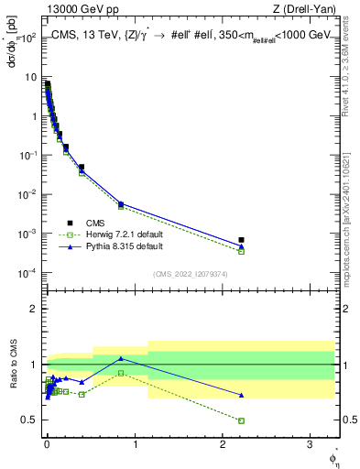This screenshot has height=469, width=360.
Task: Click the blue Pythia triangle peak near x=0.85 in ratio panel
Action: (121, 358)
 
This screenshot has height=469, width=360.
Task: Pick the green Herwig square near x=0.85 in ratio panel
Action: (121, 373)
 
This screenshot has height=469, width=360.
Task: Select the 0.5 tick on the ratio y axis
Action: (30, 420)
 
